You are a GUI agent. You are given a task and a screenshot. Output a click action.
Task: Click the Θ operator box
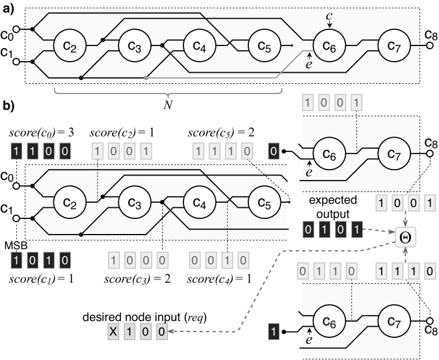coord(406,237)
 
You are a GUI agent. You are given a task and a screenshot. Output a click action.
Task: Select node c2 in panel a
coord(70,45)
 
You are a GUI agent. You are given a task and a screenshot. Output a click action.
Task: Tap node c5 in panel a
coord(265,45)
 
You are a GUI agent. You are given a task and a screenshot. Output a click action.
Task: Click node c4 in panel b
coord(200,202)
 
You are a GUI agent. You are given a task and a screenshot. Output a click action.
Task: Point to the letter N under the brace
coord(168,105)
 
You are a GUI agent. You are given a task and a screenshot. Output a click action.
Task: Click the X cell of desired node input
coord(113,332)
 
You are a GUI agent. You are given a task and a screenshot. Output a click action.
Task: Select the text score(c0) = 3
coord(42,133)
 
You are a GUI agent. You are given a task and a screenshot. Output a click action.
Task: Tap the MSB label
coord(16,246)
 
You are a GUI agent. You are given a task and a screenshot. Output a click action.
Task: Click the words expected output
coord(333,207)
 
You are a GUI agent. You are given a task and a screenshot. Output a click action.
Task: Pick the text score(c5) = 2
coord(221,133)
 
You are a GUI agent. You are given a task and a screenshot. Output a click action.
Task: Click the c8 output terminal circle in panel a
coord(431,45)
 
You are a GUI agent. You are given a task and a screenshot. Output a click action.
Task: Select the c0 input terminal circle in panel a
coord(16,29)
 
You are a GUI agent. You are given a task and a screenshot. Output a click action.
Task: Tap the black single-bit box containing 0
coord(274,151)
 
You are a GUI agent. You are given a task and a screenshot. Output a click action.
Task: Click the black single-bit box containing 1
coord(274,332)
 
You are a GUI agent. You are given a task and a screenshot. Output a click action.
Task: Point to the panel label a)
coord(8,9)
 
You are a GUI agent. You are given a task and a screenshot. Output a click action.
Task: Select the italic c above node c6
coord(329,16)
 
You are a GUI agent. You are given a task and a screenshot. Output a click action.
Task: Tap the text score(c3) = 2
coord(137,279)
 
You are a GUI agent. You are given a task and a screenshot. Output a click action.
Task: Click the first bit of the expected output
coord(308,229)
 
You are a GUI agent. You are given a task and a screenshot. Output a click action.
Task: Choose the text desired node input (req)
coord(144,317)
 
